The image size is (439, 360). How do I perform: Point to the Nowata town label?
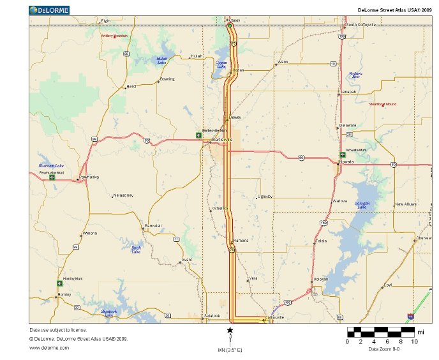pyautogui.click(x=346, y=161)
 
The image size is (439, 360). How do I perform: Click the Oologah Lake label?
pyautogui.click(x=361, y=205)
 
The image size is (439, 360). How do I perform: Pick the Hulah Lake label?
pyautogui.click(x=162, y=61)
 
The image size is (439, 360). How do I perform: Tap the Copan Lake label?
pyautogui.click(x=221, y=64)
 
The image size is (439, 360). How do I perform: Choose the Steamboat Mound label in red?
pyautogui.click(x=383, y=103)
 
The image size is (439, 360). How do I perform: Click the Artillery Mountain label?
pyautogui.click(x=114, y=36)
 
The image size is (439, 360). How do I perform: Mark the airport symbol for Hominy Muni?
pyautogui.click(x=59, y=283)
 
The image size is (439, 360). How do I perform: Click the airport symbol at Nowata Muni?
pyautogui.click(x=343, y=154)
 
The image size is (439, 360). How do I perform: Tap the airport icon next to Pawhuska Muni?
pyautogui.click(x=52, y=177)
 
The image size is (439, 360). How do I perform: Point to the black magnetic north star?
pyautogui.click(x=230, y=330)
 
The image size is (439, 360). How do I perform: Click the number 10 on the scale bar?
pyautogui.click(x=415, y=341)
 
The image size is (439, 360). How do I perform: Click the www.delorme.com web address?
pyautogui.click(x=45, y=347)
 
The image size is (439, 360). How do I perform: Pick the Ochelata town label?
pyautogui.click(x=220, y=209)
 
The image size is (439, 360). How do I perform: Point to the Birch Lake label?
pyautogui.click(x=136, y=250)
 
